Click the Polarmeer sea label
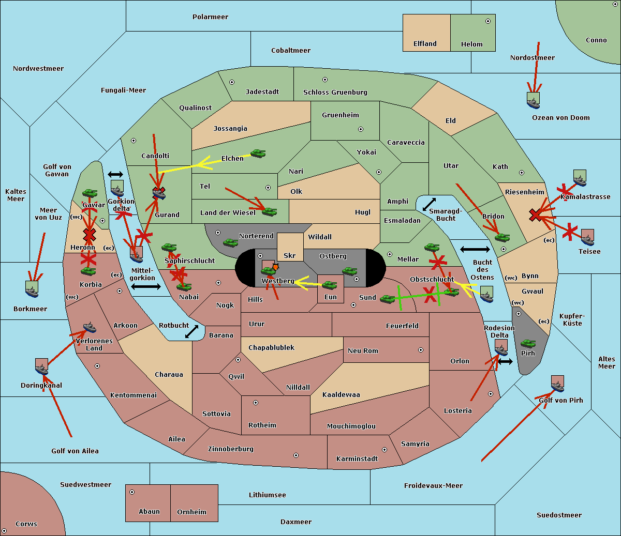tap(210, 17)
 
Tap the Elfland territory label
tap(425, 44)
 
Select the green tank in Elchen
tap(258, 153)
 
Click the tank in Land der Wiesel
tap(269, 211)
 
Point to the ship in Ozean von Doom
tap(533, 100)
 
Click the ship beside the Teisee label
tap(587, 237)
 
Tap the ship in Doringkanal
tap(41, 366)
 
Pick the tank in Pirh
tap(528, 343)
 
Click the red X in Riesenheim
tap(536, 215)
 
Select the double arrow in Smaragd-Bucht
tap(429, 204)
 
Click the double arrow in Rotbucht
tap(191, 331)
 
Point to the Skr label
tap(290, 256)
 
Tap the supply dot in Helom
tap(487, 21)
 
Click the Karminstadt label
tap(357, 459)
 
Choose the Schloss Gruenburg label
tap(335, 93)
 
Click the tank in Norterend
tap(230, 242)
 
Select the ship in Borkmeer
tap(32, 289)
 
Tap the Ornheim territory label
tap(191, 512)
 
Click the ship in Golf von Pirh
tap(557, 384)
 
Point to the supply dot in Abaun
tap(132, 492)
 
